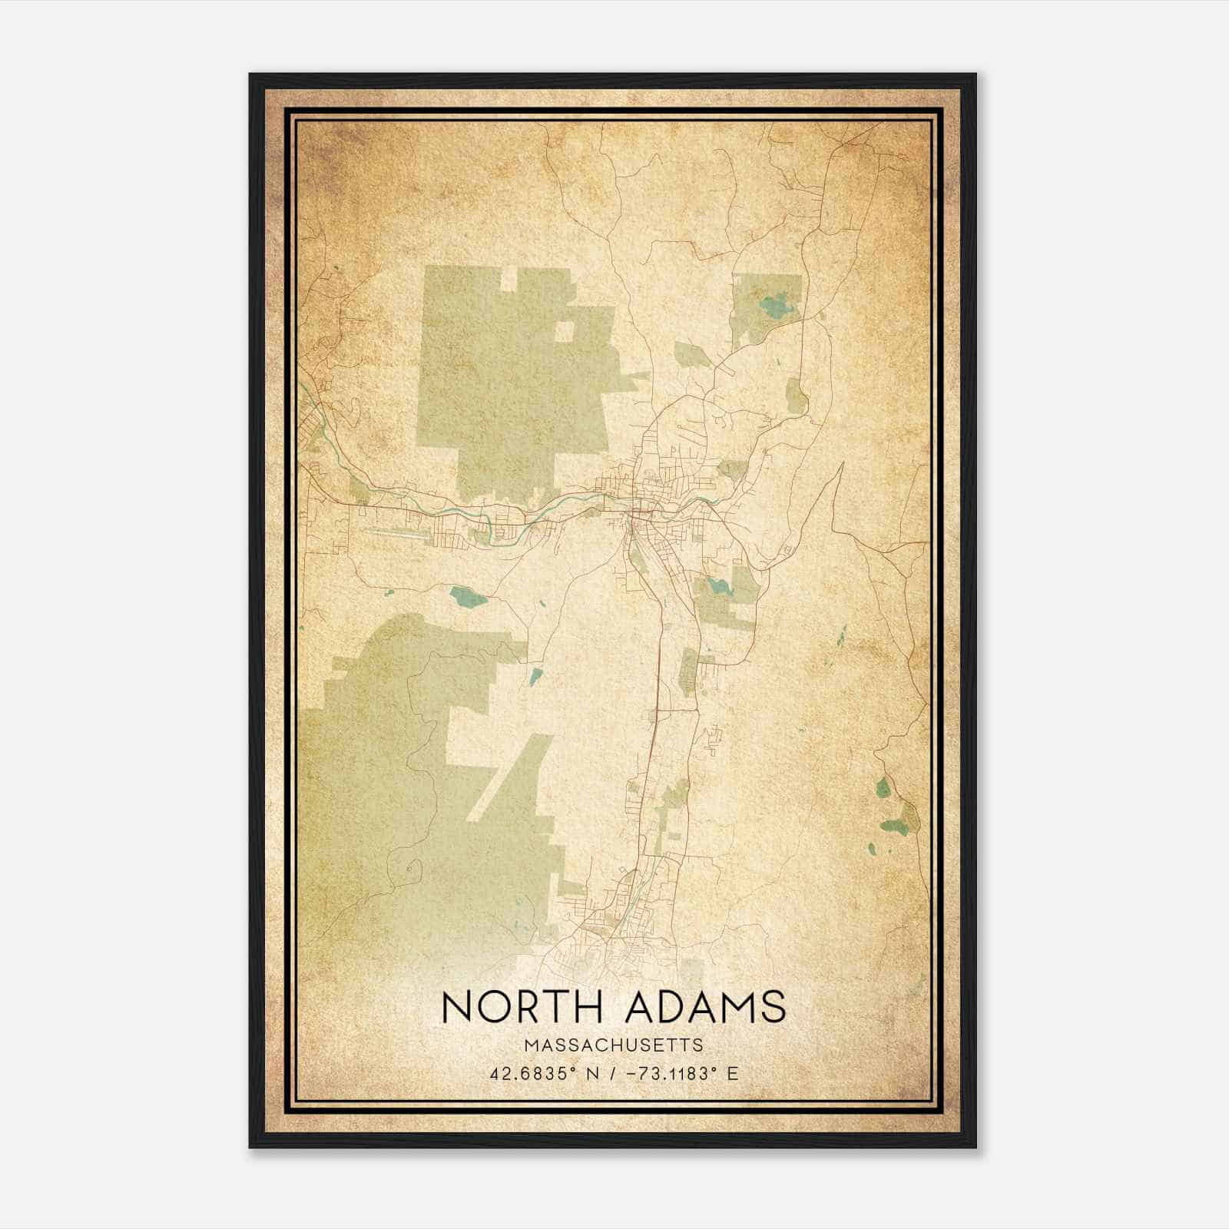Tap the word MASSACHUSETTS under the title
pos(614,1045)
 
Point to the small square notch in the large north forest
pos(564,331)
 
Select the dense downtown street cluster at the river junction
pos(638,507)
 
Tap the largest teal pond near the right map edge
pos(893,827)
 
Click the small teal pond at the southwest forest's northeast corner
pos(535,677)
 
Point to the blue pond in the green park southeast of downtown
pos(719,588)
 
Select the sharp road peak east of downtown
pos(842,463)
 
